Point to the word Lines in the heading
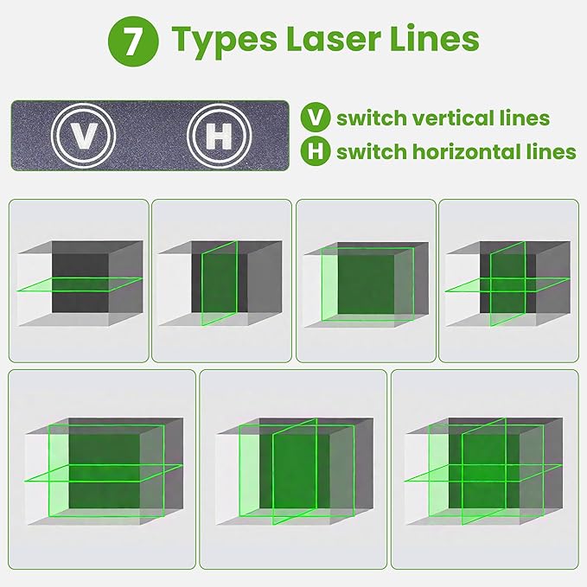coord(432,40)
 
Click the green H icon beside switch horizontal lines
coord(315,152)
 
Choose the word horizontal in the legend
coord(460,152)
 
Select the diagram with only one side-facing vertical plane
coord(220,281)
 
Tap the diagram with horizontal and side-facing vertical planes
coord(508,281)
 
